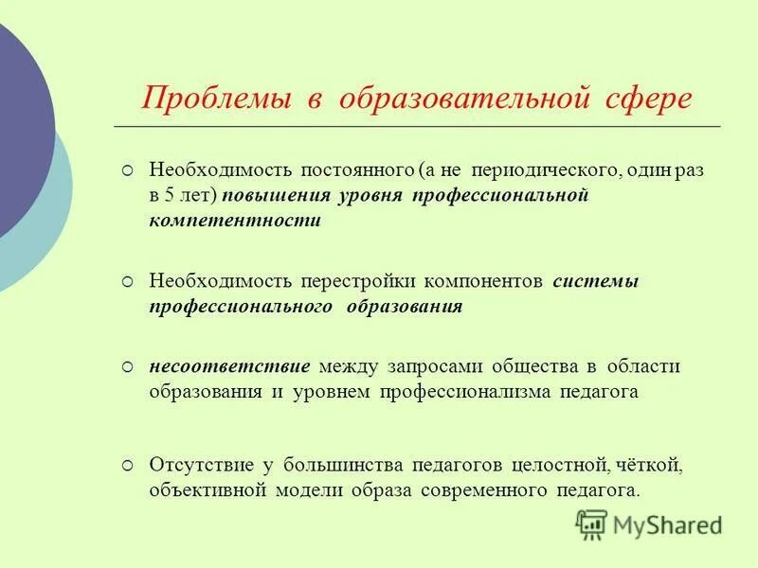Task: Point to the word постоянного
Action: pyautogui.click(x=343, y=172)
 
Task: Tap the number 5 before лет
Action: pyautogui.click(x=171, y=196)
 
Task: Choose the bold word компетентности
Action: pyautogui.click(x=235, y=220)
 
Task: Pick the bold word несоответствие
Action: pyautogui.click(x=229, y=366)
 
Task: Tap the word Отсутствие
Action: pyautogui.click(x=201, y=466)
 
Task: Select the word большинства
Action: pyautogui.click(x=337, y=466)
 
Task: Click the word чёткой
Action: pyautogui.click(x=649, y=466)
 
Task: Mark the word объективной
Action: pyautogui.click(x=208, y=490)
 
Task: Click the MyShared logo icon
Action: pyautogui.click(x=591, y=524)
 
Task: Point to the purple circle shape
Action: pyautogui.click(x=19, y=123)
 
